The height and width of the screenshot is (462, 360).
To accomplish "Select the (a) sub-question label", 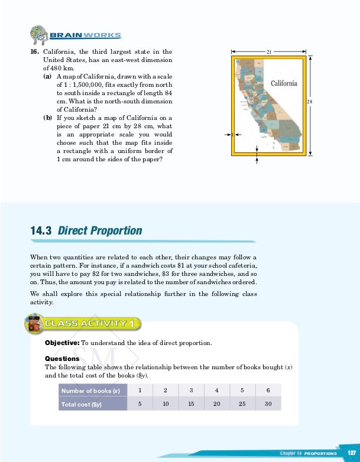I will pos(47,77).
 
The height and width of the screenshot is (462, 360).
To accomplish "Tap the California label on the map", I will pos(284,83).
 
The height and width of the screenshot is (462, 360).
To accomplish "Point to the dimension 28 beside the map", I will pos(309,102).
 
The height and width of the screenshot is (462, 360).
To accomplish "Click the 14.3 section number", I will pos(41,230).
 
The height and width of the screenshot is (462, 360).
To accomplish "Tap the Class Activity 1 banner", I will pos(89,323).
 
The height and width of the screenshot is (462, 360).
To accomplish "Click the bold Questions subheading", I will pos(62,359).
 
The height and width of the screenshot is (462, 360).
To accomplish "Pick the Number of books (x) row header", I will pos(90,391).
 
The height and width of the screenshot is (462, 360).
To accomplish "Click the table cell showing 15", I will pos(191,404).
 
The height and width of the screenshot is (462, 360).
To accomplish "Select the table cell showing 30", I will pos(268,404).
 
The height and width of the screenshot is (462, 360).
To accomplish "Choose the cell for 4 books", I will pos(217,391).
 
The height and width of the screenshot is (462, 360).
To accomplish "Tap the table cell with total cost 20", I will pos(217,404).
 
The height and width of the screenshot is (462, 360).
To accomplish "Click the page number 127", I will pos(351,453).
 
